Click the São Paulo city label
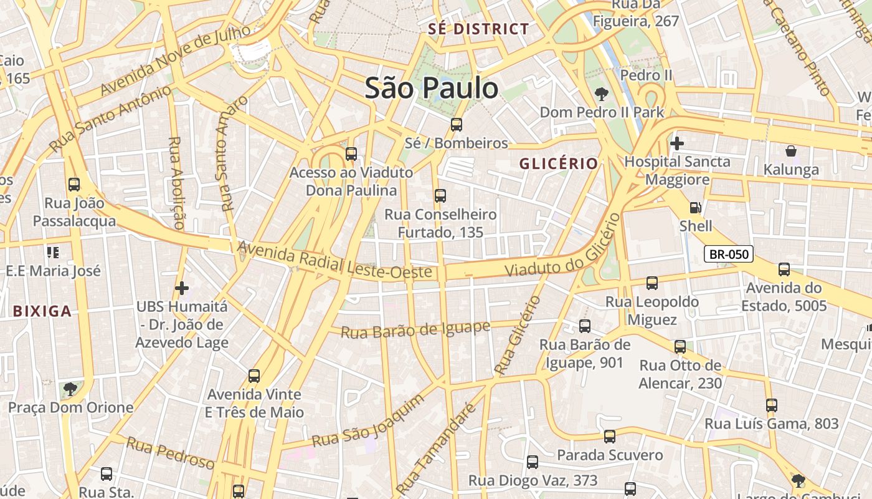432,88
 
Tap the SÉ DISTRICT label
478,29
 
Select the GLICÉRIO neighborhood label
559,163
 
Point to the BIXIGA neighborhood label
42,311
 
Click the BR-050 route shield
729,254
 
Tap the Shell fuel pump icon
695,208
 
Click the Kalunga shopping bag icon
791,151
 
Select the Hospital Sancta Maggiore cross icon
677,143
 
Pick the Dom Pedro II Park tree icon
602,95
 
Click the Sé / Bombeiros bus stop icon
457,125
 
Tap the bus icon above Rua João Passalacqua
74,185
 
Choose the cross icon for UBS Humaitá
181,288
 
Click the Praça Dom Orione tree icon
70,390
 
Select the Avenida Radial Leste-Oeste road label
334,261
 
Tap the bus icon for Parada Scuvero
610,437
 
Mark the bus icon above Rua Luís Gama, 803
772,405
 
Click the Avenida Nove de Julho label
176,59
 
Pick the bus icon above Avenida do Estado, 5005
784,269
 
